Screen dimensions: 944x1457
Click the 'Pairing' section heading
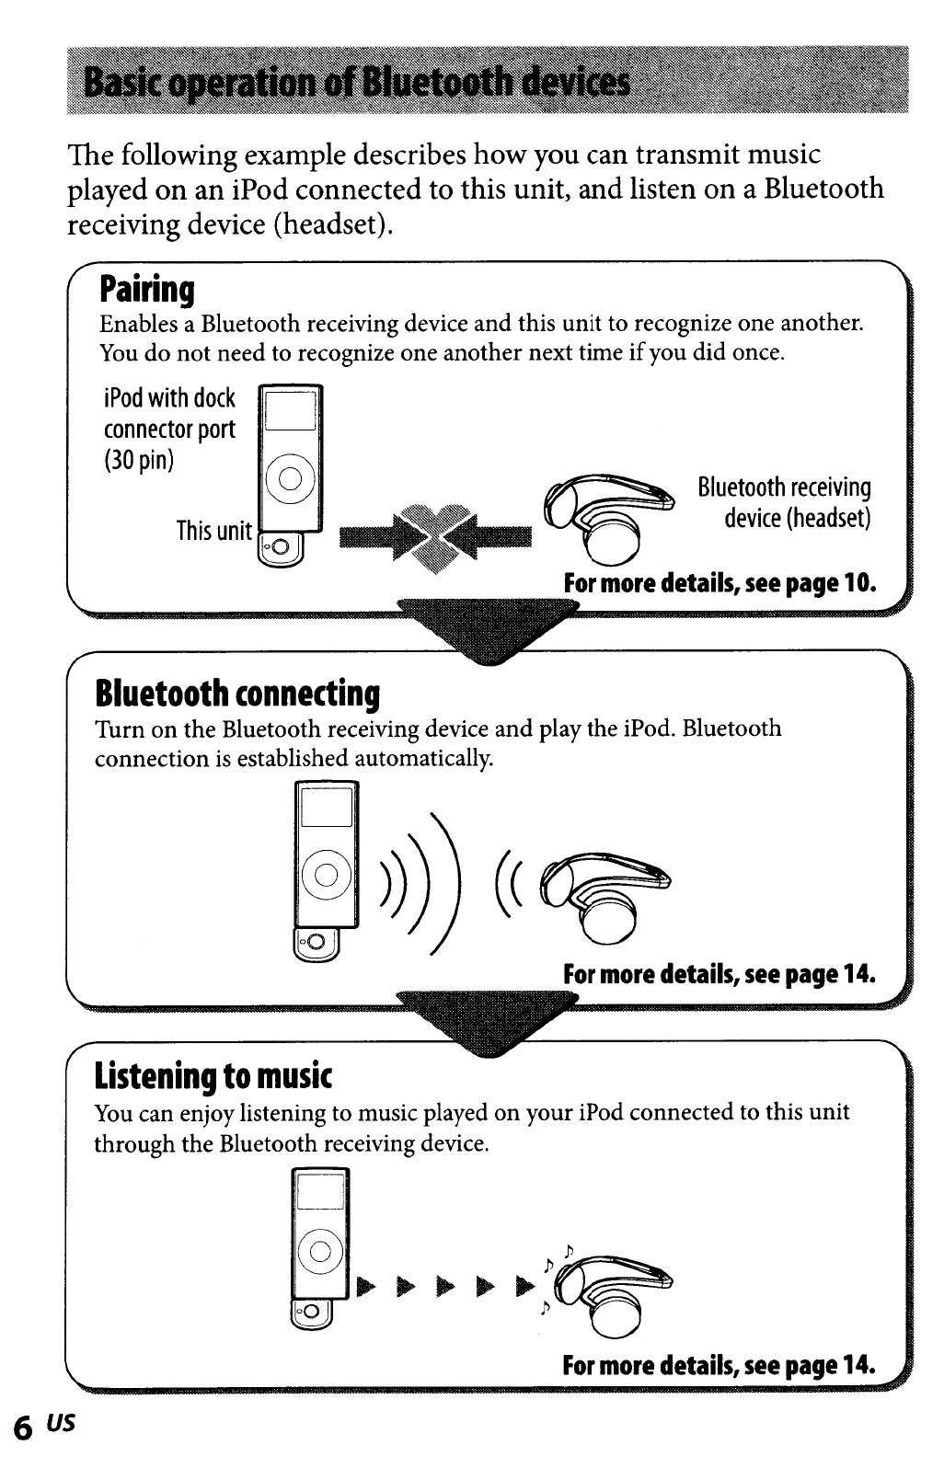click(x=147, y=290)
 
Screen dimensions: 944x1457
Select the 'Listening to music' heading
click(x=213, y=1074)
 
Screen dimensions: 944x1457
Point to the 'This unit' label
click(x=213, y=531)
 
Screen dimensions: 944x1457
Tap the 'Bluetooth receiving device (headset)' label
click(x=784, y=502)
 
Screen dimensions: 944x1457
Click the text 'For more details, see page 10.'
click(x=720, y=583)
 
